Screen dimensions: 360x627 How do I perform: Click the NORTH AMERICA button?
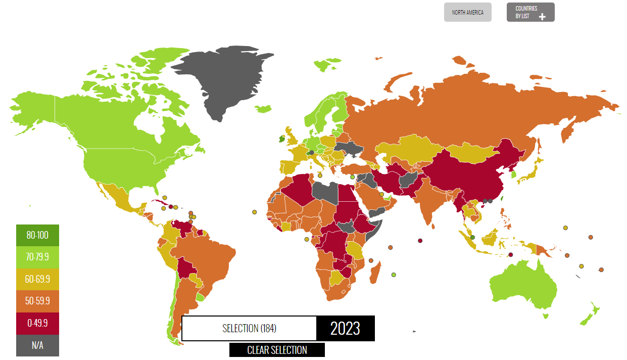click(x=467, y=13)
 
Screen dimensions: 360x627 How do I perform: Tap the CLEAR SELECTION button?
click(x=277, y=350)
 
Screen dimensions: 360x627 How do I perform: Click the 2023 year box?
click(x=346, y=329)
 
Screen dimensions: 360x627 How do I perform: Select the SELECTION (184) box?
click(x=249, y=329)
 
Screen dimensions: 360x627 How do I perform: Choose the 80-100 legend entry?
click(x=37, y=235)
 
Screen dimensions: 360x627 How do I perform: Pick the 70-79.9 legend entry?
click(x=37, y=257)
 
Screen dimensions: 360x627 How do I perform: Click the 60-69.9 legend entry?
click(x=37, y=279)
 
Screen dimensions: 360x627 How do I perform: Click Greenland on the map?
click(x=222, y=81)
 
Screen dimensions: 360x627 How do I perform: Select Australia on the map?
click(x=525, y=288)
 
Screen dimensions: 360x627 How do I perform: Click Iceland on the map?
click(x=264, y=109)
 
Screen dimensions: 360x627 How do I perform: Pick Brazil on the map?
click(x=207, y=258)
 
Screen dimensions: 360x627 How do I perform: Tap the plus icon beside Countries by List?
click(x=542, y=17)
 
